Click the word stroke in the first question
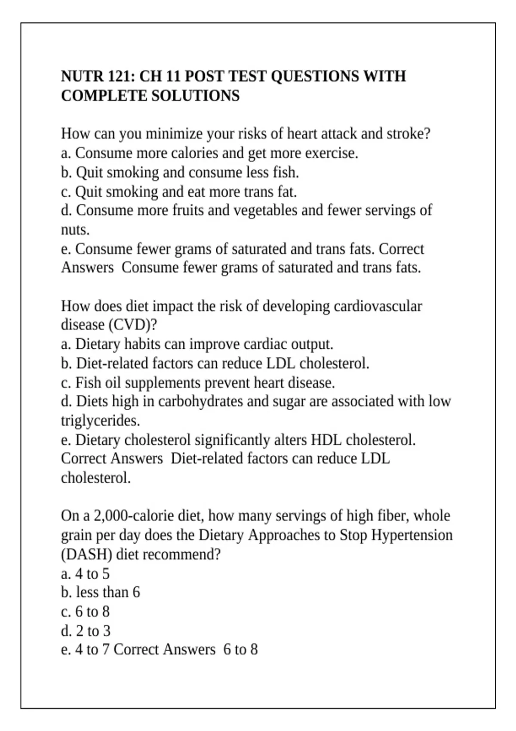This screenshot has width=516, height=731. [408, 134]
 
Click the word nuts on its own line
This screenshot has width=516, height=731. [75, 230]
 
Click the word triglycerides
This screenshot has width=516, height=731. [100, 421]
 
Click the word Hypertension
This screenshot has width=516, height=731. [412, 535]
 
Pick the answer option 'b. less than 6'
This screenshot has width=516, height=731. [101, 593]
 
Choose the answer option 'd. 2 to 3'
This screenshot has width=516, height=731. [86, 631]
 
